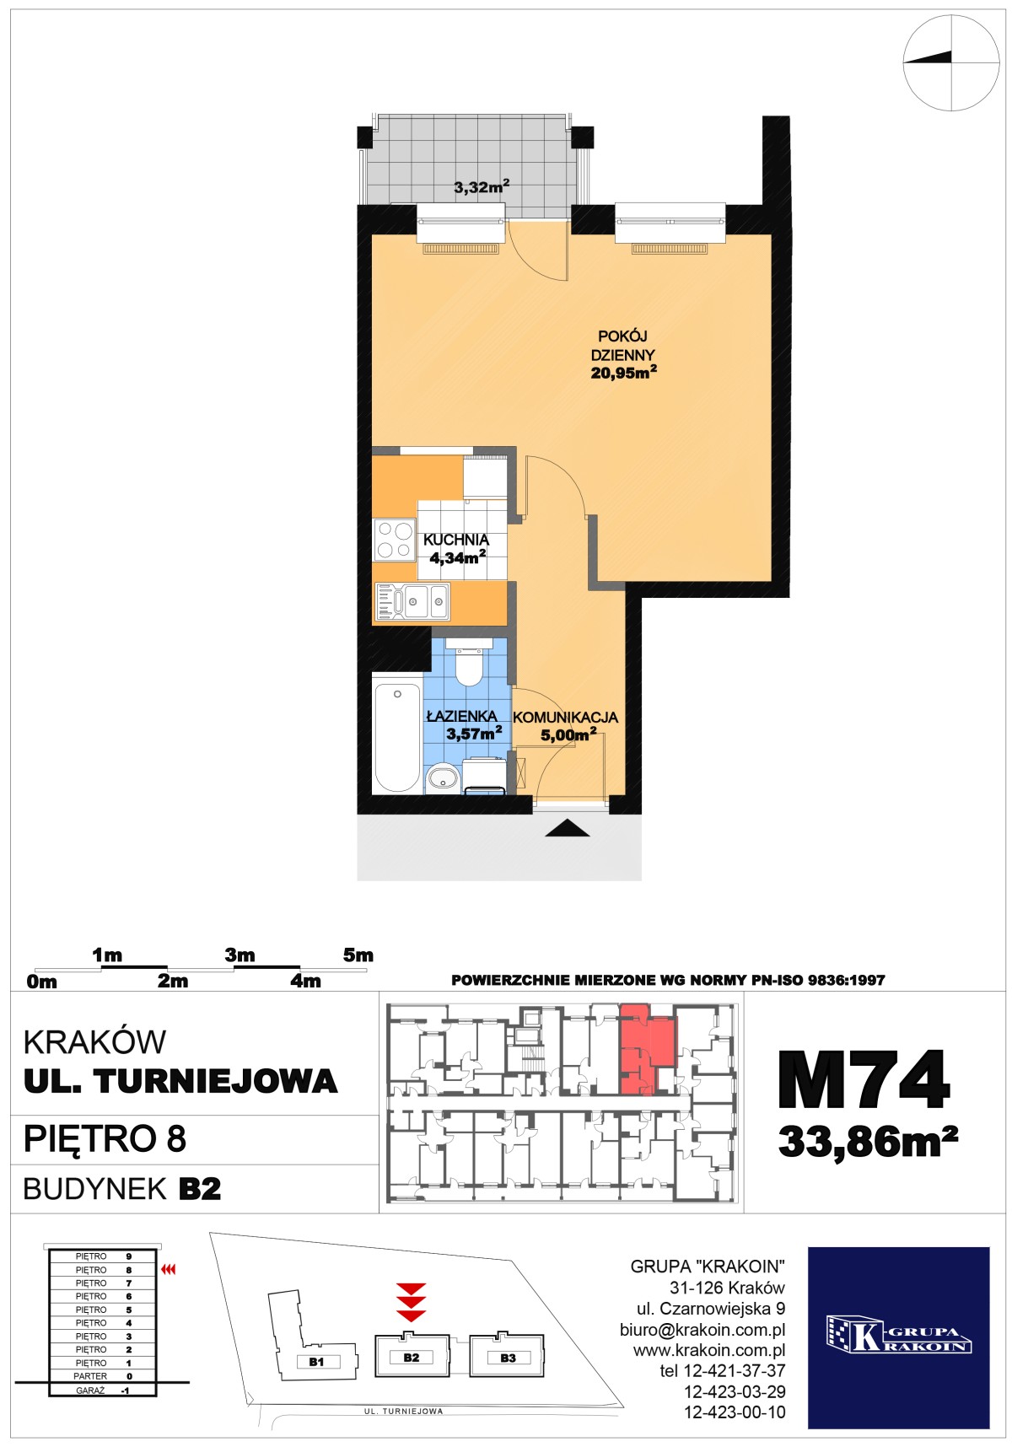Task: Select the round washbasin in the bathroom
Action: click(x=442, y=777)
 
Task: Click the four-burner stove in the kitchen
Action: click(x=395, y=540)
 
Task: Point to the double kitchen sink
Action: click(x=413, y=600)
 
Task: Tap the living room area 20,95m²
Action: click(x=623, y=372)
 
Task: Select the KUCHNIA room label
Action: click(x=456, y=540)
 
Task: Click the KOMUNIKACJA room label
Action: click(x=566, y=718)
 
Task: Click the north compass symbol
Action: click(x=951, y=63)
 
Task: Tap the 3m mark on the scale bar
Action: click(x=240, y=955)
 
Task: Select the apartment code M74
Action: click(x=865, y=1080)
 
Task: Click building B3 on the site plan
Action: click(x=507, y=1355)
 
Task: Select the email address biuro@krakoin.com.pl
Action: click(x=702, y=1330)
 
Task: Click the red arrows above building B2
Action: click(x=411, y=1302)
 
